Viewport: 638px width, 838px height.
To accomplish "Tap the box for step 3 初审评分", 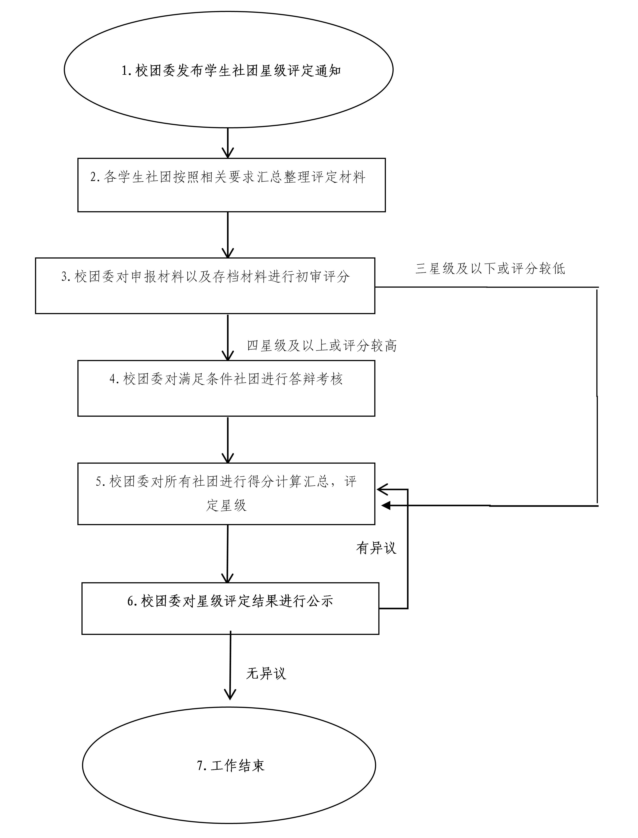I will [205, 286].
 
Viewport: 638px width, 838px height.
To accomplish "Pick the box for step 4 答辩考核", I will [226, 388].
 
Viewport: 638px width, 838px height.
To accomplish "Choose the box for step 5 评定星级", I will [226, 493].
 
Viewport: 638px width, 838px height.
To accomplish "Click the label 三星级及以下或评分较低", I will [490, 269].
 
